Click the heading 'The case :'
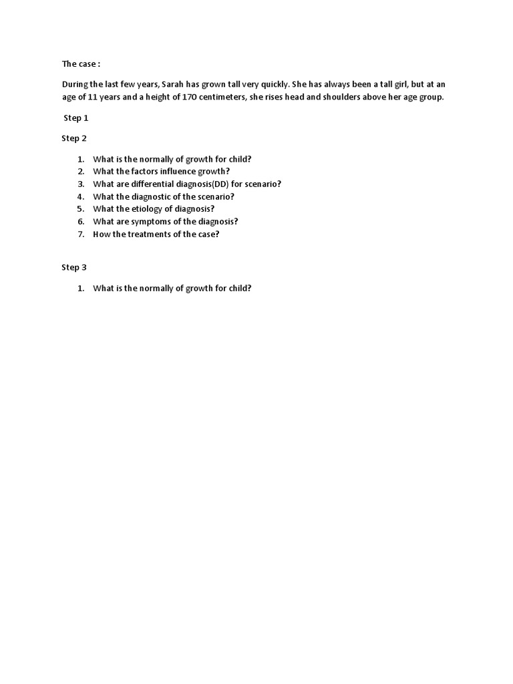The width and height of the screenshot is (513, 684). [81, 64]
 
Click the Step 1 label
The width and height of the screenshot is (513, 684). [75, 118]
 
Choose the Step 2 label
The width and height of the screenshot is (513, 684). [74, 138]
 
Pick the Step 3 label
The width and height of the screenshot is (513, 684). [74, 267]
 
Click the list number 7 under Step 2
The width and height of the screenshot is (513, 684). [80, 234]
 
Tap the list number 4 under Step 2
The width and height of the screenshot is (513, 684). [80, 196]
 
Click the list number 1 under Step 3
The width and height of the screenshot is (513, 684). [80, 289]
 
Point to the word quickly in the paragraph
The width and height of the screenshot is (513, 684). [274, 85]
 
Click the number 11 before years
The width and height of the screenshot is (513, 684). [93, 97]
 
